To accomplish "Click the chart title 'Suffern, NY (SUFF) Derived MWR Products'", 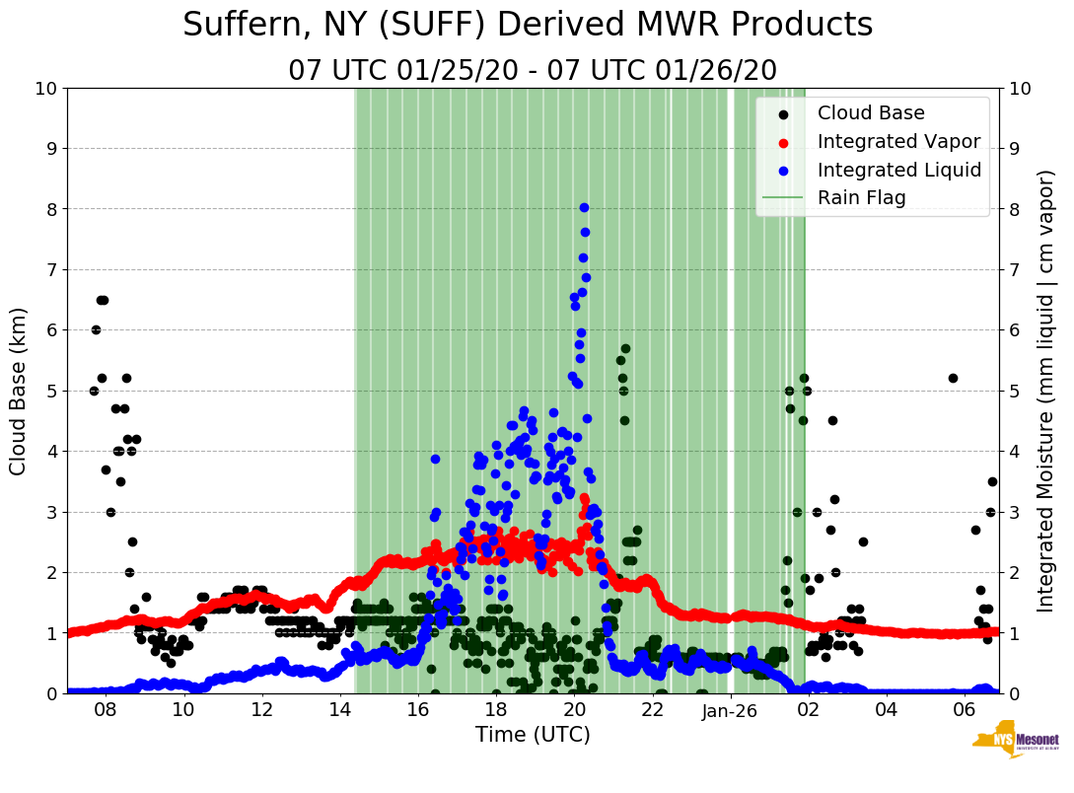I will pyautogui.click(x=528, y=25).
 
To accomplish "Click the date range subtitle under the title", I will pyautogui.click(x=533, y=71).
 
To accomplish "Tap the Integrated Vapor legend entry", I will pyautogui.click(x=898, y=141).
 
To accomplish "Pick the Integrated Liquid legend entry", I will pyautogui.click(x=898, y=170).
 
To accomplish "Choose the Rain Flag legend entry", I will pyautogui.click(x=861, y=197).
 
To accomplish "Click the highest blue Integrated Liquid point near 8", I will pyautogui.click(x=584, y=207).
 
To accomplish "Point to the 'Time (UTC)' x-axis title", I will pyautogui.click(x=533, y=735).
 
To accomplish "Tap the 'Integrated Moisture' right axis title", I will pyautogui.click(x=1045, y=391).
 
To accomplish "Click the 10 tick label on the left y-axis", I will pyautogui.click(x=46, y=89).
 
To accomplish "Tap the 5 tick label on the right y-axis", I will pyautogui.click(x=1013, y=391).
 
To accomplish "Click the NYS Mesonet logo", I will pyautogui.click(x=1015, y=743).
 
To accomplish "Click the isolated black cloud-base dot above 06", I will pyautogui.click(x=953, y=378).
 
